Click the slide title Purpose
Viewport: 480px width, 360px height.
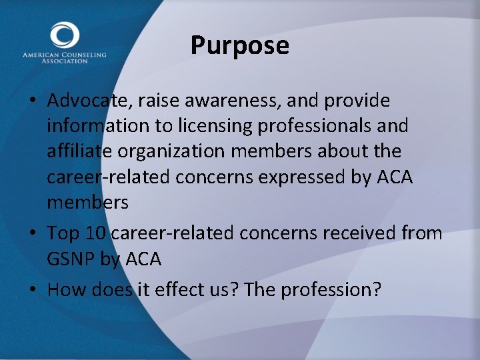239,46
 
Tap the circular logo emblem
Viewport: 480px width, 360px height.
64,35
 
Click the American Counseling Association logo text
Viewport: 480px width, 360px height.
64,57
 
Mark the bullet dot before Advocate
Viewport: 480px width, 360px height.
32,101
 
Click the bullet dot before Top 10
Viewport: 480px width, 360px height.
32,234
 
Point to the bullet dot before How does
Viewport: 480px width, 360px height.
32,290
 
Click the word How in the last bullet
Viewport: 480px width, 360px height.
63,289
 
